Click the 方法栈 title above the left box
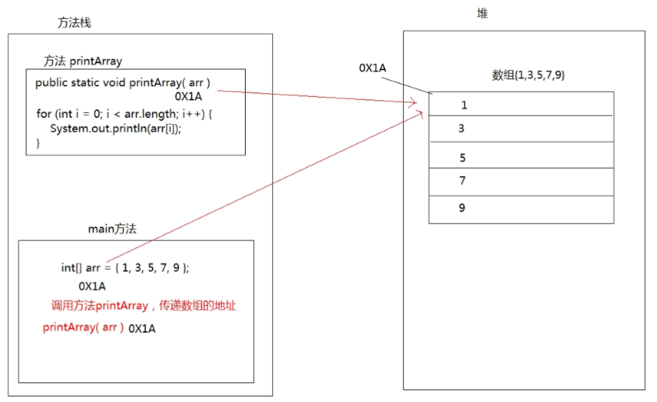tap(74, 22)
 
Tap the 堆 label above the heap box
tap(482, 13)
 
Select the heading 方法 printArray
tap(83, 61)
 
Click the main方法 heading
tap(112, 229)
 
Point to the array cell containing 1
tap(521, 104)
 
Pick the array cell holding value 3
tap(521, 128)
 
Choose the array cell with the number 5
tap(521, 155)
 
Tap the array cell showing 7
tap(521, 182)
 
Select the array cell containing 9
tap(521, 209)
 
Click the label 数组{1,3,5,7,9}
tap(529, 75)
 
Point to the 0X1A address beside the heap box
tap(373, 68)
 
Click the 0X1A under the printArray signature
tap(189, 96)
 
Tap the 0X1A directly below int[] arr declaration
tap(92, 286)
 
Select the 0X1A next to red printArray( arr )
tap(142, 329)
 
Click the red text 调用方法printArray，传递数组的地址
tap(144, 306)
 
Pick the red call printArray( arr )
tap(84, 327)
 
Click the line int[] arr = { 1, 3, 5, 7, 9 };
tap(125, 267)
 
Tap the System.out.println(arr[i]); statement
tap(116, 128)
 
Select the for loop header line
tap(124, 114)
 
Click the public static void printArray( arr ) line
tap(123, 83)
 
